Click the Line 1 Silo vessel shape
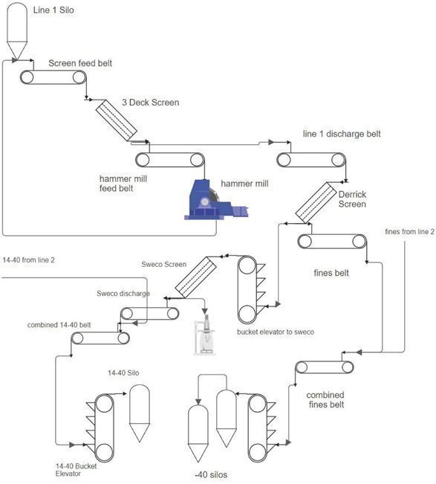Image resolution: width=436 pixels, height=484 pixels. [17, 31]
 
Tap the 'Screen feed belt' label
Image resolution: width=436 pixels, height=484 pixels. [80, 63]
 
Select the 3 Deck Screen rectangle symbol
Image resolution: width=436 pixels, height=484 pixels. [117, 120]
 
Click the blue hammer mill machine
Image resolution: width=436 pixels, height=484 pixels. [216, 200]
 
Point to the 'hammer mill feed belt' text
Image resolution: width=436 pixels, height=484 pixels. [123, 184]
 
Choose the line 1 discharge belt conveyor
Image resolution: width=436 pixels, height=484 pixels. [311, 160]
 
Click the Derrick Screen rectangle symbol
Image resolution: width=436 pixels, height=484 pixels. [316, 202]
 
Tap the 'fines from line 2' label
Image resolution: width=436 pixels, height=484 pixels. [409, 231]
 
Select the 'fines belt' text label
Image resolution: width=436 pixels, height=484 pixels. [331, 273]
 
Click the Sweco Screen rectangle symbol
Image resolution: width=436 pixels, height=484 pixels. [196, 277]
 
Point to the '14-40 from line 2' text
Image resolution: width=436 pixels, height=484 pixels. [28, 260]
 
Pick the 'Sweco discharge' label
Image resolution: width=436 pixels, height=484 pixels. [123, 293]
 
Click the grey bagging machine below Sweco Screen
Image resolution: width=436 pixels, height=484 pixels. [204, 335]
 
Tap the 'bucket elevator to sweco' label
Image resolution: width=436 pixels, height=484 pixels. [276, 332]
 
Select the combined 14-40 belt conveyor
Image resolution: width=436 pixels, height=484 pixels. [100, 338]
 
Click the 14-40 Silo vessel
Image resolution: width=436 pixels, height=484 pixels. [140, 413]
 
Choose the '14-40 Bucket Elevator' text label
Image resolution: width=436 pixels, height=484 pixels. [76, 470]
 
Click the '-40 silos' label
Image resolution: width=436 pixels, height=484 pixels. [211, 474]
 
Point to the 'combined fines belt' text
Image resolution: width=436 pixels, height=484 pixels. [325, 400]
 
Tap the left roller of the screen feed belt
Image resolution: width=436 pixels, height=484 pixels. [27, 77]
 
